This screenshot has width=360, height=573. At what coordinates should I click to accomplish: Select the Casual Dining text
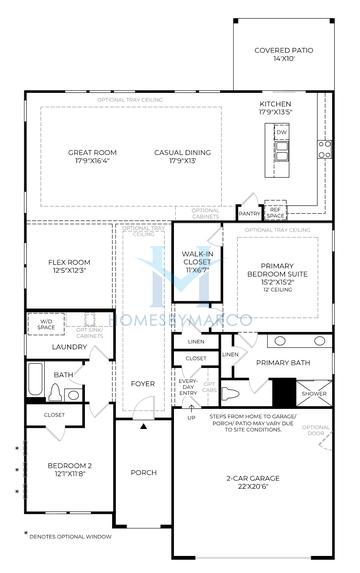[181, 156]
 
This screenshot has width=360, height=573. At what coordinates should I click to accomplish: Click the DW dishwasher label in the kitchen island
[282, 132]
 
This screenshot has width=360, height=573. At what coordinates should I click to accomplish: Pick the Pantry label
[249, 212]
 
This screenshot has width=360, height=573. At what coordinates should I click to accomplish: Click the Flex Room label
[68, 267]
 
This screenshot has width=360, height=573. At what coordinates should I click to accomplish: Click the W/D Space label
[45, 324]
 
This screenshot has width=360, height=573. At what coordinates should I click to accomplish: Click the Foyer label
[143, 383]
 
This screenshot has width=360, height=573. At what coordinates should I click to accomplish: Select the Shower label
[314, 394]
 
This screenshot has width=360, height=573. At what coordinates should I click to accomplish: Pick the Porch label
[143, 473]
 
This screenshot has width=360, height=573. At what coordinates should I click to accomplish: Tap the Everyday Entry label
[189, 387]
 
